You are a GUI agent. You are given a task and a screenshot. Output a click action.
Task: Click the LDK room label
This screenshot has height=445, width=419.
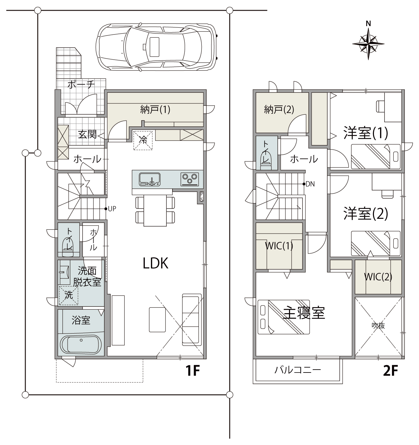pyautogui.click(x=155, y=263)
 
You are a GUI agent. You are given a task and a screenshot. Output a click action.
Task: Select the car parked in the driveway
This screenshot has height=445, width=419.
pyautogui.click(x=157, y=47)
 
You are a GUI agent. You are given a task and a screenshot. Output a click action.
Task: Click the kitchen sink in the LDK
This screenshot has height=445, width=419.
pyautogui.click(x=150, y=179)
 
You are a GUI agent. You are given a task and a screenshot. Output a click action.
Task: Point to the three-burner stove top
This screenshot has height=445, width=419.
pyautogui.click(x=190, y=179)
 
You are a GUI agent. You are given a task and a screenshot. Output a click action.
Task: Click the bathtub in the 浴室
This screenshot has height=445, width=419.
pyautogui.click(x=81, y=345)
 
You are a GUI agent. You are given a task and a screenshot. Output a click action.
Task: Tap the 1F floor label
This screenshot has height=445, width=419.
pyautogui.click(x=192, y=371)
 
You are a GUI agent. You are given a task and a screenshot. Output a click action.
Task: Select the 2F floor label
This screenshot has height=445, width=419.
pyautogui.click(x=391, y=371)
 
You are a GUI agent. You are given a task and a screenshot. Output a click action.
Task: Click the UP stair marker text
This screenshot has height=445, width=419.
pyautogui.click(x=112, y=209)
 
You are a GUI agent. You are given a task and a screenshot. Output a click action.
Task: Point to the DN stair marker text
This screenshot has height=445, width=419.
pyautogui.click(x=310, y=184)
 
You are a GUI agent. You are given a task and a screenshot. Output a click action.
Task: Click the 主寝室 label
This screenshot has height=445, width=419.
pyautogui.click(x=304, y=313)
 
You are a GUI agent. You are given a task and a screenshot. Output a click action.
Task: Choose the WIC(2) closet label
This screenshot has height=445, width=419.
pyautogui.click(x=378, y=277)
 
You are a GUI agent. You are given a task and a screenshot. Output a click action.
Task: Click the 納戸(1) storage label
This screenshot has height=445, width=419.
pyautogui.click(x=155, y=110)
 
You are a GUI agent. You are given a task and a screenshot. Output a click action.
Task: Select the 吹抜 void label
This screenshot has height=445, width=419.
pyautogui.click(x=378, y=325)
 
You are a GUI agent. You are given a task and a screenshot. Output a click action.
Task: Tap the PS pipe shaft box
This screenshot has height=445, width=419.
pyautogui.click(x=202, y=197)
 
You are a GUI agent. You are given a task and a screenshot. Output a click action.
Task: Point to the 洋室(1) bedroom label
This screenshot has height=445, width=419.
pyautogui.click(x=366, y=133)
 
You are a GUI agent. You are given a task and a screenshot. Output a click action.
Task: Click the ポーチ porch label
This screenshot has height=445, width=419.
pyautogui.click(x=81, y=84)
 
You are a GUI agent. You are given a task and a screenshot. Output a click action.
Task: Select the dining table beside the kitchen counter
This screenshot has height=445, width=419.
pyautogui.click(x=155, y=210)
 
